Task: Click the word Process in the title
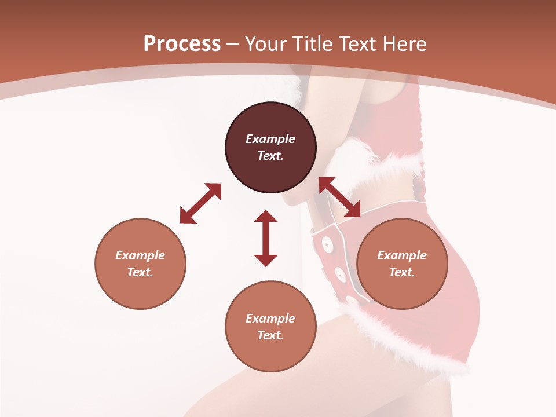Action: pyautogui.click(x=182, y=43)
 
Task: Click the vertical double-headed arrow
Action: pyautogui.click(x=266, y=238)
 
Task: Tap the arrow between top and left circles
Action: pyautogui.click(x=200, y=203)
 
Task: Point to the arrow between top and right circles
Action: pyautogui.click(x=340, y=197)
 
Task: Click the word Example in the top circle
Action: pyautogui.click(x=270, y=139)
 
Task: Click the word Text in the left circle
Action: pyautogui.click(x=140, y=272)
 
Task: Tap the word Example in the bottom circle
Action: pyautogui.click(x=270, y=319)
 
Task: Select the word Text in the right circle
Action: pyautogui.click(x=402, y=272)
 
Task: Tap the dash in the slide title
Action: pyautogui.click(x=232, y=44)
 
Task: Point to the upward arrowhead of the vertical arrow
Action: pyautogui.click(x=266, y=216)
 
